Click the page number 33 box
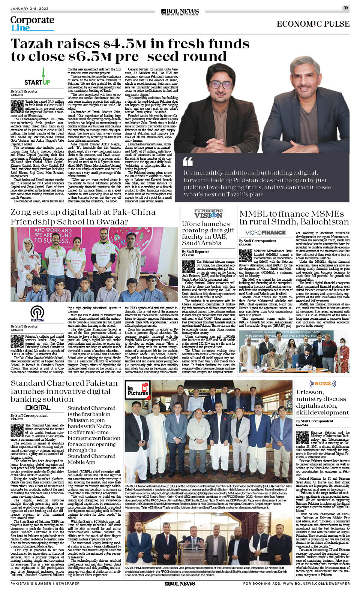[345, 8]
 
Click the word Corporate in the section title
[32, 20]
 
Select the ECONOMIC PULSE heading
[313, 24]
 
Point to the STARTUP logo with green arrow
[37, 77]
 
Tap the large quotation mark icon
[188, 162]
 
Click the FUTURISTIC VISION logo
[208, 214]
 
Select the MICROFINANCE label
[265, 233]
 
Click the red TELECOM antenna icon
[37, 313]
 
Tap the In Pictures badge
[138, 390]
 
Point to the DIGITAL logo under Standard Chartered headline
[38, 408]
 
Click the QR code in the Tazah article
[17, 106]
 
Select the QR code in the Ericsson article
[303, 437]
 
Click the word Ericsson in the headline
[310, 392]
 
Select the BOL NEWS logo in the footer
[180, 584]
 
